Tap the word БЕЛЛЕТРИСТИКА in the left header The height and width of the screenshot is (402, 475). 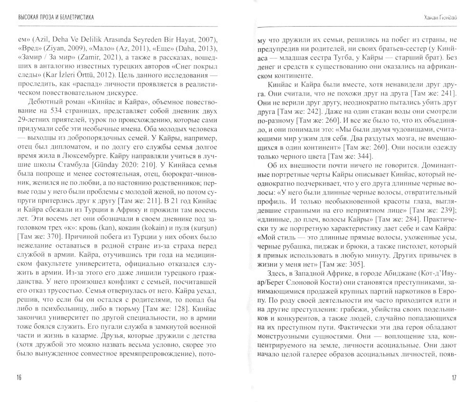[x=69, y=18]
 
